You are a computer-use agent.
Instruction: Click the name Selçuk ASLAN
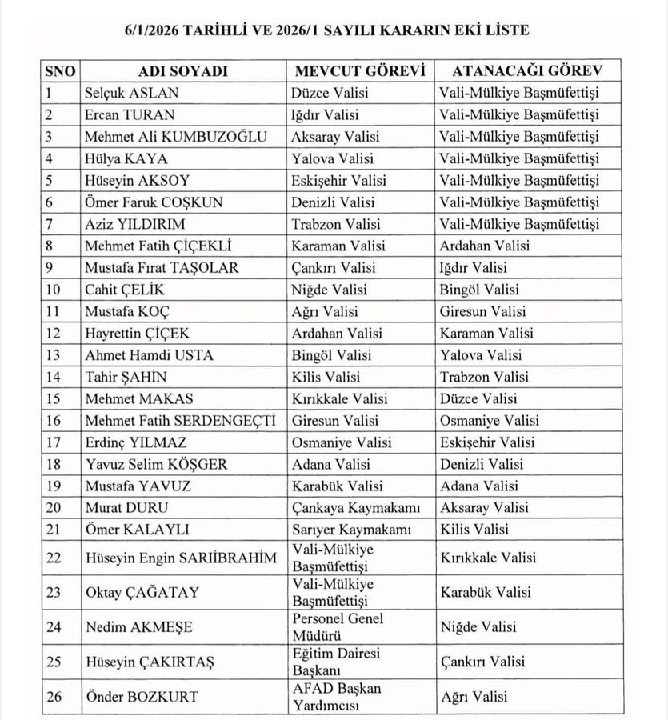tap(132, 93)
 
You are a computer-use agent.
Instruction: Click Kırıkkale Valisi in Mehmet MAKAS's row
tap(340, 398)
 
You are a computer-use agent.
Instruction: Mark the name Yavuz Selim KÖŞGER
tap(156, 464)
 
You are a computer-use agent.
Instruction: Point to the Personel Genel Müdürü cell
tap(338, 627)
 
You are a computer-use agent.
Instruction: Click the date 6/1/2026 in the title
tap(152, 30)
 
